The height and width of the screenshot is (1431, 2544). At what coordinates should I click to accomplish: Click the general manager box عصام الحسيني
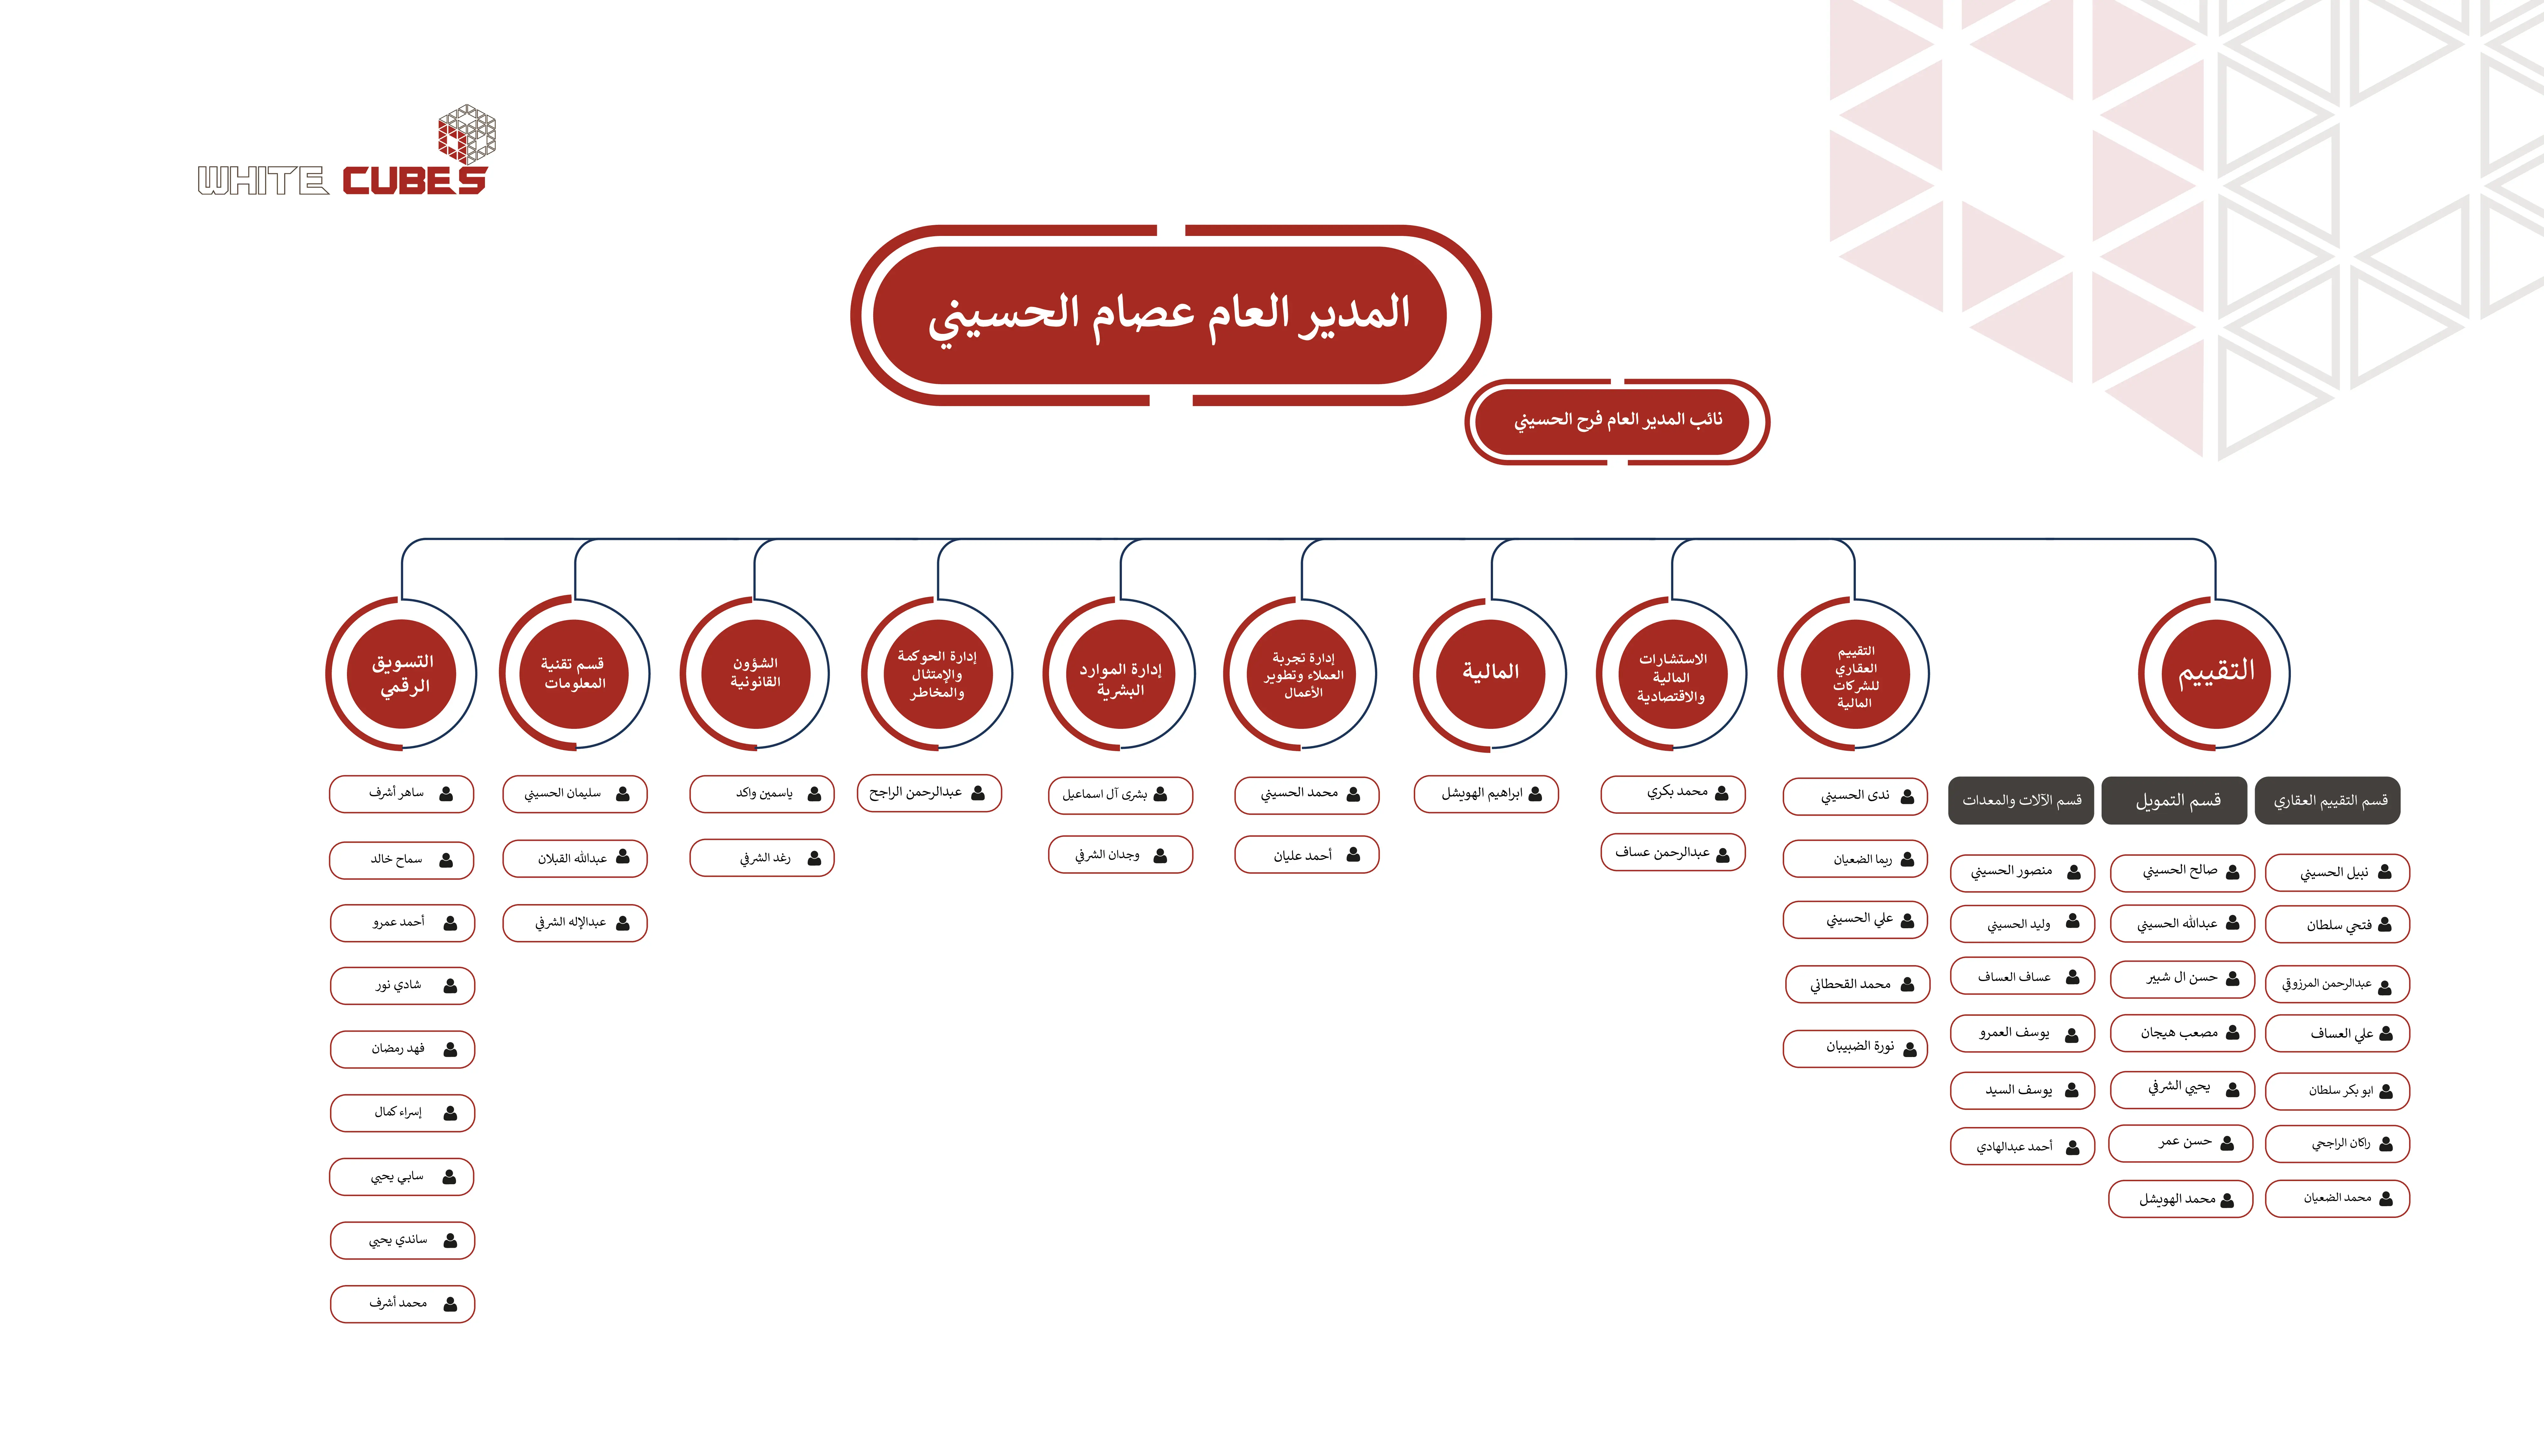[x=1170, y=315]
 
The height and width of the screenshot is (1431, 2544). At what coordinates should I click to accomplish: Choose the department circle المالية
[x=1490, y=674]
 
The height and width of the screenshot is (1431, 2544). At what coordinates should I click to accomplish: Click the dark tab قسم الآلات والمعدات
[x=2021, y=800]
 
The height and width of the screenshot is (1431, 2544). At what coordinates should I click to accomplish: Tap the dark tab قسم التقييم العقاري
[x=2329, y=800]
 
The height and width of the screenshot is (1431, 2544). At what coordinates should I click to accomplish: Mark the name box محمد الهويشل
[x=2181, y=1199]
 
